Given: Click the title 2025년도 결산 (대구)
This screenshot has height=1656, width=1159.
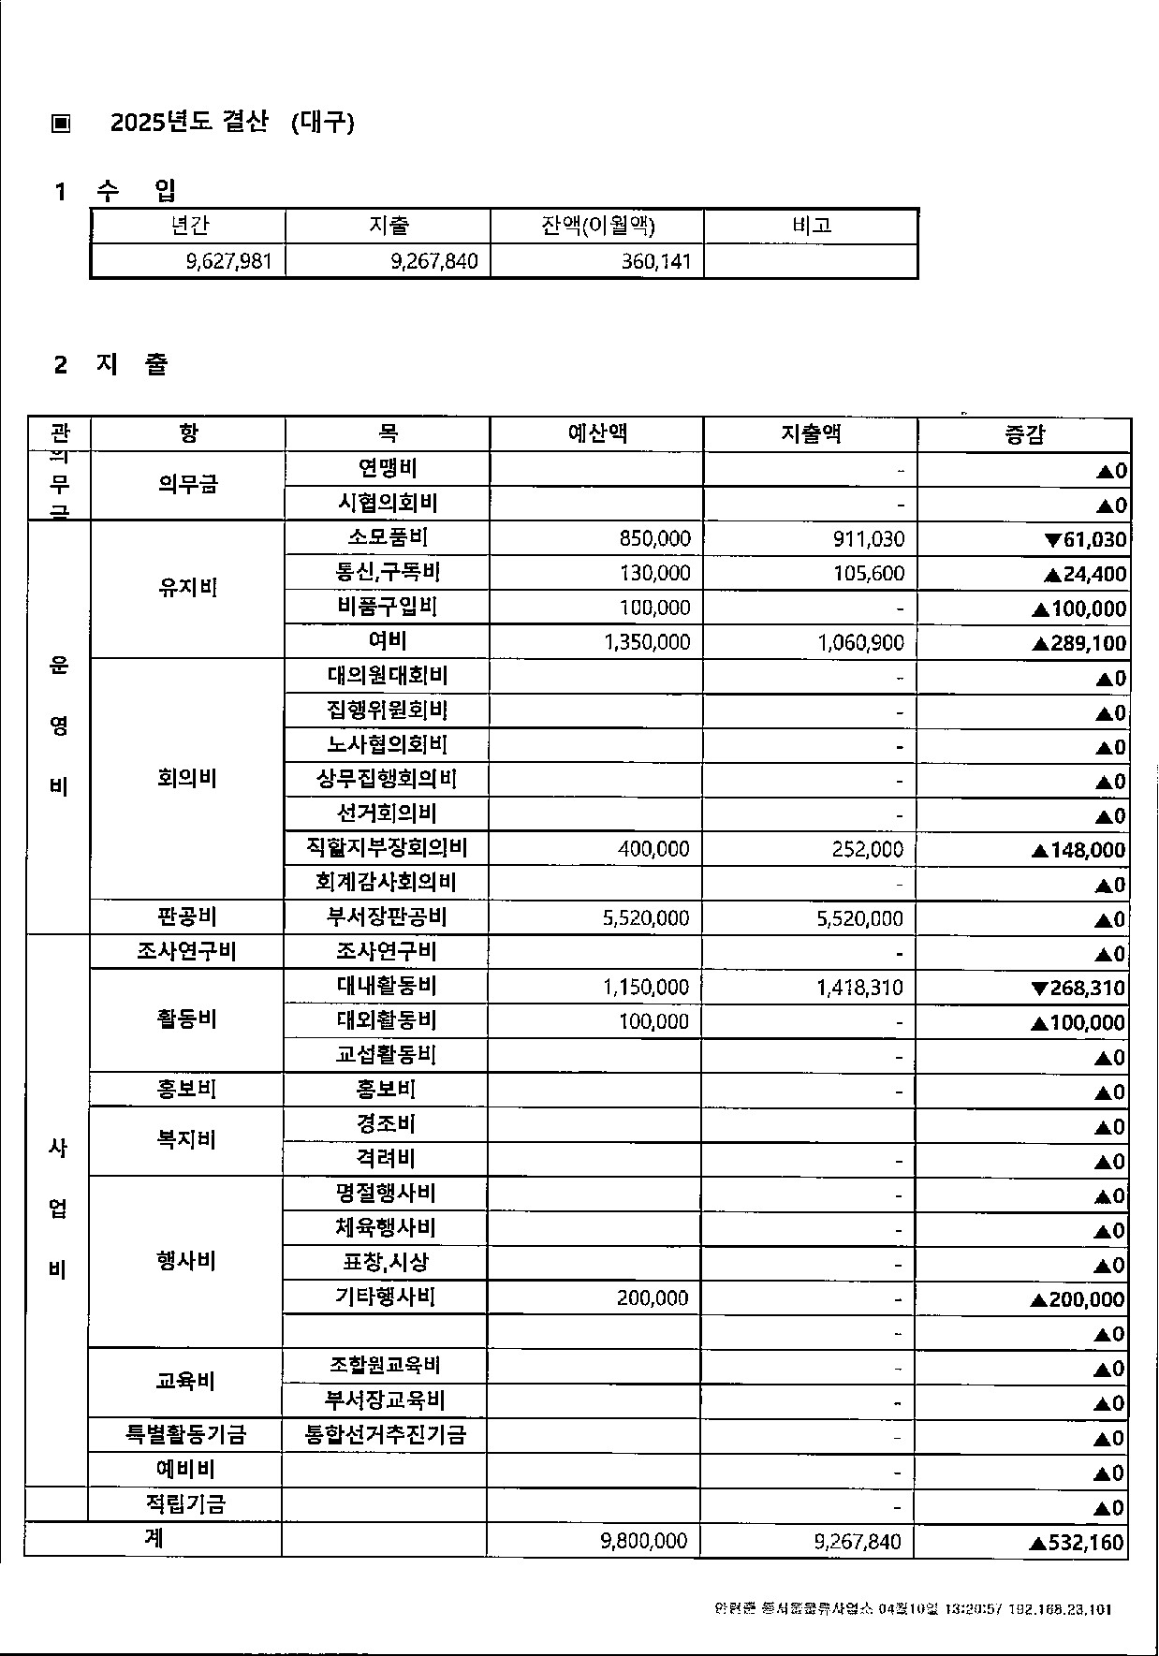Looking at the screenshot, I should point(232,123).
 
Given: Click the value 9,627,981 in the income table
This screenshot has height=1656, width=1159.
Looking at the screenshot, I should point(229,261).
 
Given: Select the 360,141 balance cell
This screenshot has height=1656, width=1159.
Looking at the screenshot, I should point(656,261).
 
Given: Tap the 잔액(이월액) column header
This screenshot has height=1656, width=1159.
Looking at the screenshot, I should point(597,226).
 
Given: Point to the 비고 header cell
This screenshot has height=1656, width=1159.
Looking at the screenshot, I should point(811,226).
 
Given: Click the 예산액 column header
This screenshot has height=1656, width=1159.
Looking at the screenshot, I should point(596,433).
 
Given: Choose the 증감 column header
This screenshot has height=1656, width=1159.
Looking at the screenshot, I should point(1024,434).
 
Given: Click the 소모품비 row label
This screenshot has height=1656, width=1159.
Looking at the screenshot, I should point(388,537).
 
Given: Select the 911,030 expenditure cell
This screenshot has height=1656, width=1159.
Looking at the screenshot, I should point(869,539).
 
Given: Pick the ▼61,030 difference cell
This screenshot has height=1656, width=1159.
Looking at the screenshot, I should point(1085,539).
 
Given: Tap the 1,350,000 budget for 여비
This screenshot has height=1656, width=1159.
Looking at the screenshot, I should point(647,642).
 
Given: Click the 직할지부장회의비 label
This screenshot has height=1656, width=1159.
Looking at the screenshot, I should point(387,848).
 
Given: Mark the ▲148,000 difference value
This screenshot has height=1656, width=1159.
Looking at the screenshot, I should point(1078,850).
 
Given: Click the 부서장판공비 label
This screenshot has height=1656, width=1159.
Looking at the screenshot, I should point(387,917).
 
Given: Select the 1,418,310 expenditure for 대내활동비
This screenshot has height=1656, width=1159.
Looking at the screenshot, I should point(859,988).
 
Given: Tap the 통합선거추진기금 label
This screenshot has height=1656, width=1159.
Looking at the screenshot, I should point(386,1435).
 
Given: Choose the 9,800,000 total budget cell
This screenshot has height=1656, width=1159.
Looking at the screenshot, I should point(644,1541).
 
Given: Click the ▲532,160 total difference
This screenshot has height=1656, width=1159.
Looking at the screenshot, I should point(1076,1543).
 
